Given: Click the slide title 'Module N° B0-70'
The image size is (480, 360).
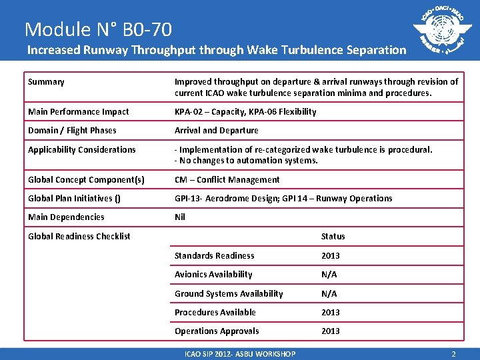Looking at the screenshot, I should coord(98,29).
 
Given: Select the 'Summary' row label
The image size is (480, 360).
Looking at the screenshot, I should coord(46,82).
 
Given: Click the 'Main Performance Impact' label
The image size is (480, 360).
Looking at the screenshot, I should coord(78,111).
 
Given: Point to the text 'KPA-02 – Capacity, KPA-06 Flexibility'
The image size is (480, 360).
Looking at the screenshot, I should coord(245,111).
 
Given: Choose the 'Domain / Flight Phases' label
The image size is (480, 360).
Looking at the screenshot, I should coord(72,131).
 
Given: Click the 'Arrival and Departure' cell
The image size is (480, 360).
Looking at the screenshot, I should coord(216,131).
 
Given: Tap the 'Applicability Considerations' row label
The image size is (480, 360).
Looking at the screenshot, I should coord(81,150).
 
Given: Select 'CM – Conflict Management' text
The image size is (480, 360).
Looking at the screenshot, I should coord(227,179).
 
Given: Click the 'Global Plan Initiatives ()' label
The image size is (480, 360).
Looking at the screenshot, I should coord(75,198).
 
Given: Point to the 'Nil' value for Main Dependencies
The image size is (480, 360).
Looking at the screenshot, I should coord(180,217).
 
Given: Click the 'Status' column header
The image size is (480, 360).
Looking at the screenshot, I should coord(333,236).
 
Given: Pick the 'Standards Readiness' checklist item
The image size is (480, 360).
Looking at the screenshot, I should coord(214,255).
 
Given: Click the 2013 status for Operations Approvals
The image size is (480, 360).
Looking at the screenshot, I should coord(330,331).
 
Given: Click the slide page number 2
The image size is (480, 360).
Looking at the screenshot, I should coord(453,354).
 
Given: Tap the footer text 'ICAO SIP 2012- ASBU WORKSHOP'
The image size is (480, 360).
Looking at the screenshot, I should coord(239,354).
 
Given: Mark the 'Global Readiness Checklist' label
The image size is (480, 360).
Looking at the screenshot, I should coord(79,236).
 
